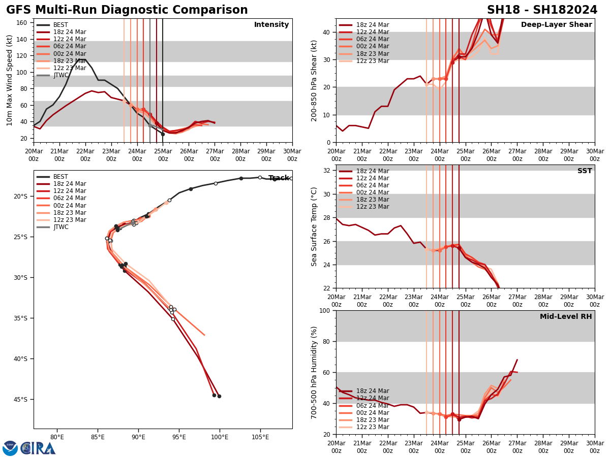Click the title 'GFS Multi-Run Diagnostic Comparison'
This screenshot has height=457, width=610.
point(127,10)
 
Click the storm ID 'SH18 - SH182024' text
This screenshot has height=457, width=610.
point(542,10)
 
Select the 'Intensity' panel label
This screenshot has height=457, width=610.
point(271,25)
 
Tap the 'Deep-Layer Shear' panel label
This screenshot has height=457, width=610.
point(556,25)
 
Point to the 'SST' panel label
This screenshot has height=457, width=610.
point(585,171)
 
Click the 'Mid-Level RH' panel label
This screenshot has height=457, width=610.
point(566,317)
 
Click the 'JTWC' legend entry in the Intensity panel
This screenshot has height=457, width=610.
point(61,76)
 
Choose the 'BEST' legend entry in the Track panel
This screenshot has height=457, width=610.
point(60,177)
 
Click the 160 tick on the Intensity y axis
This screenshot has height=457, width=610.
point(23,23)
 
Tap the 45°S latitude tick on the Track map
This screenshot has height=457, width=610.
point(20,400)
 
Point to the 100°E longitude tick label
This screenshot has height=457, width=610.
point(220,436)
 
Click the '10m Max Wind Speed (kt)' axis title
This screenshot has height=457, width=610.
point(10,80)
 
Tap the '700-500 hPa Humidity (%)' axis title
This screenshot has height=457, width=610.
point(314,372)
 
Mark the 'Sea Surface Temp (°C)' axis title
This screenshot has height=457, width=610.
point(314,226)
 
